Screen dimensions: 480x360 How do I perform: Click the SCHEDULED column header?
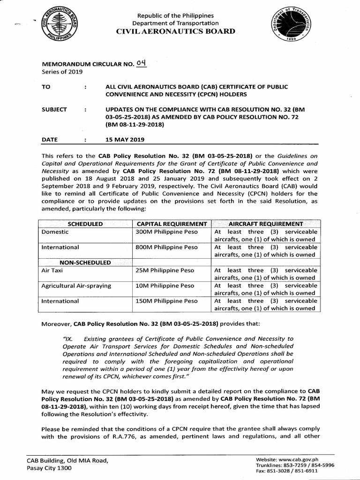pyautogui.click(x=85, y=224)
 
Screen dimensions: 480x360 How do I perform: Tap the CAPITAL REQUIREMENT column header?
pyautogui.click(x=172, y=224)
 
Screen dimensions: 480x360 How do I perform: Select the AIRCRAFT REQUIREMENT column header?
pyautogui.click(x=266, y=224)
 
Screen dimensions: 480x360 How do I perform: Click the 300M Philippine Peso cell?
pyautogui.click(x=167, y=232)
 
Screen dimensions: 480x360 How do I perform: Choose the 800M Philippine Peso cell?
pyautogui.click(x=167, y=247)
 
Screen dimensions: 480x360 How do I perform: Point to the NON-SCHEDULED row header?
pyautogui.click(x=85, y=262)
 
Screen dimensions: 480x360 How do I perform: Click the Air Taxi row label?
pyautogui.click(x=52, y=270)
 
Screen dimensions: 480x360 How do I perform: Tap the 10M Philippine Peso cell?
pyautogui.click(x=165, y=285)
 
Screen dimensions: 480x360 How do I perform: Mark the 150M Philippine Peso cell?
pyautogui.click(x=167, y=301)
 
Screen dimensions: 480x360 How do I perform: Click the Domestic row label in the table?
pyautogui.click(x=55, y=232)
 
